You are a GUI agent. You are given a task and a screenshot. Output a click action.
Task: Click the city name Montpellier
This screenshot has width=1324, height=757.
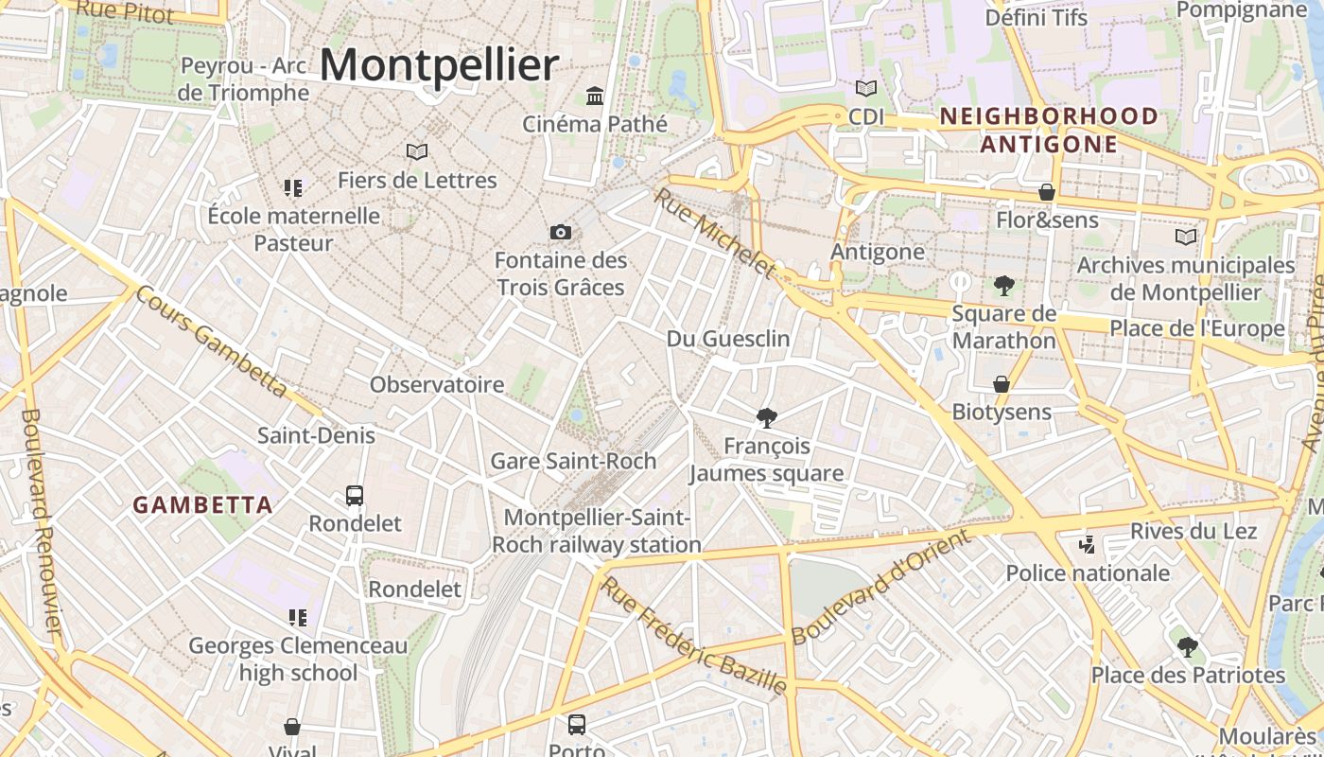[x=440, y=65]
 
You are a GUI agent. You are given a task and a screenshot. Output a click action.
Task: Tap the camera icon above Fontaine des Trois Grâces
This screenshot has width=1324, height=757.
[x=561, y=232]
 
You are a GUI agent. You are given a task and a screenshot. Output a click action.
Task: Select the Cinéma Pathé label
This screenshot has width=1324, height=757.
[x=595, y=124]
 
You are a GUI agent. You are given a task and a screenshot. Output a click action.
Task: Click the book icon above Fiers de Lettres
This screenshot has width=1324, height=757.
[x=417, y=151]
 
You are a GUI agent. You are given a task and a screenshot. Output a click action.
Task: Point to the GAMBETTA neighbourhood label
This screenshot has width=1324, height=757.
[x=202, y=505]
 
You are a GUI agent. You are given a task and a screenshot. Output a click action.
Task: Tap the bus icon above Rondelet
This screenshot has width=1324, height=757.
[x=355, y=495]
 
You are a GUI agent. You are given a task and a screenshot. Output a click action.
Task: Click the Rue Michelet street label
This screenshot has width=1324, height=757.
[x=714, y=233]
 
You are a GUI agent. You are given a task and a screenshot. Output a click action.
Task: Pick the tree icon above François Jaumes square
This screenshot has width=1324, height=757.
[x=767, y=417]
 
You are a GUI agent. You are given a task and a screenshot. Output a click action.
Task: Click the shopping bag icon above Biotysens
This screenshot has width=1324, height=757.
[x=1001, y=384]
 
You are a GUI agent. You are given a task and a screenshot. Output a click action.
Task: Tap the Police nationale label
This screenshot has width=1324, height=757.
[x=1088, y=572]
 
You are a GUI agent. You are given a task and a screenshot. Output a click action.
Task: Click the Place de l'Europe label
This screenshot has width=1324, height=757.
[x=1196, y=328]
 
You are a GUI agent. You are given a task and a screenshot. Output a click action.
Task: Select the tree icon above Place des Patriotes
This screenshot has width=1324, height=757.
[x=1188, y=647]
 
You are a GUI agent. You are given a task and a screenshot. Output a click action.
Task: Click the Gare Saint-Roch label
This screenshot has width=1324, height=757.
[x=573, y=461]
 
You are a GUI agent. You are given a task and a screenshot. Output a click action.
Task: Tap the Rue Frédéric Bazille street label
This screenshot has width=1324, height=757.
[x=693, y=635]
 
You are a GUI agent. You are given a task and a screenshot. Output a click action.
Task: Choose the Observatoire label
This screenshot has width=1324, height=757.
[x=437, y=384]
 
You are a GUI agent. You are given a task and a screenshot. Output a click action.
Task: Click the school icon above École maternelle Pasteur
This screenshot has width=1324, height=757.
[x=293, y=187]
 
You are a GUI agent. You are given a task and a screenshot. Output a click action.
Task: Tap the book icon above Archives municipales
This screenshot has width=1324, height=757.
[x=1185, y=237]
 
